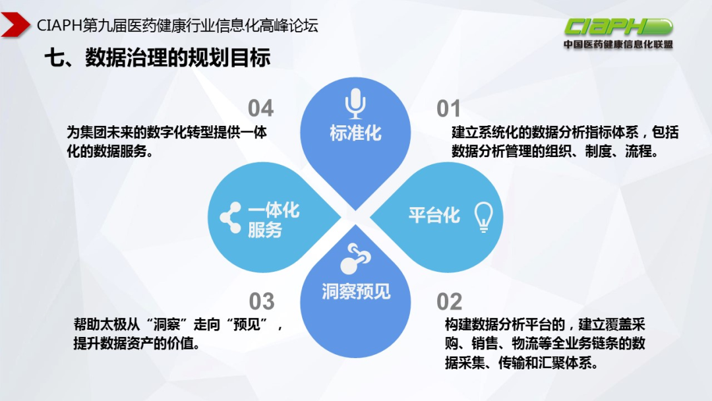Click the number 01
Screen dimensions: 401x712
pos(448,109)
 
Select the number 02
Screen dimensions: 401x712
pos(449,302)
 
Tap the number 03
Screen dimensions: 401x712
pos(261,302)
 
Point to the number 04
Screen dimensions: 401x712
pos(260,109)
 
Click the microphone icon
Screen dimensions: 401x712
pos(355,104)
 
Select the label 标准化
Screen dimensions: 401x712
pos(355,133)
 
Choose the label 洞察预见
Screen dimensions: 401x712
pos(356,291)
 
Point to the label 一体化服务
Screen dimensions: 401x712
pos(274,220)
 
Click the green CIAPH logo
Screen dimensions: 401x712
pos(618,27)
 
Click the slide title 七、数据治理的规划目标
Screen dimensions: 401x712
pos(158,58)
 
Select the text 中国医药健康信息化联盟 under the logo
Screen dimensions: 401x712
pos(618,45)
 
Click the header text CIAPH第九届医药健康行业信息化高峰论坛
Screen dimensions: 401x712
pos(178,26)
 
